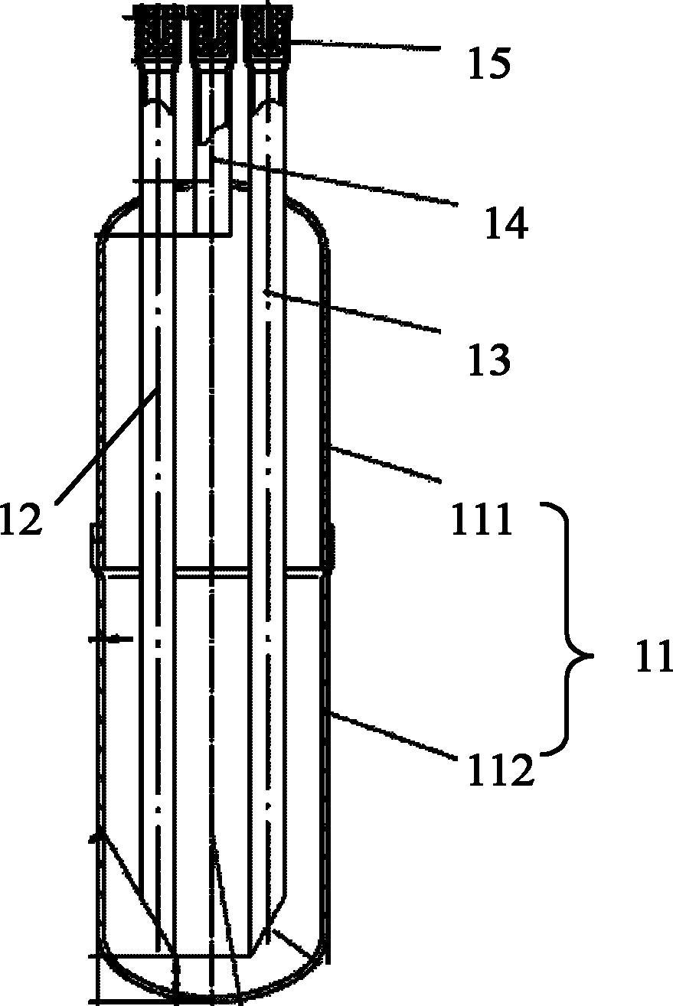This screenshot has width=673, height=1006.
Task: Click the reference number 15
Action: click(x=489, y=63)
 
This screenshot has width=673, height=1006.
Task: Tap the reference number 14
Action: click(x=506, y=223)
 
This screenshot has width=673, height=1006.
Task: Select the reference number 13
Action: click(x=489, y=360)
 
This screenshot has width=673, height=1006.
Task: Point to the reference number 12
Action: click(x=21, y=518)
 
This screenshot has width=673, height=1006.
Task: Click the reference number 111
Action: click(x=482, y=518)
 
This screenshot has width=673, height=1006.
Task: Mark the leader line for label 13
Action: click(x=354, y=311)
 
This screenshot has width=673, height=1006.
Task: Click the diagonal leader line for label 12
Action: click(x=106, y=444)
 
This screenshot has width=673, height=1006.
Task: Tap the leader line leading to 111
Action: click(x=385, y=464)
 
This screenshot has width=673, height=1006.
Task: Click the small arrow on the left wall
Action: click(x=110, y=638)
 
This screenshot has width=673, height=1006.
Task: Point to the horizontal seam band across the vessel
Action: click(x=211, y=574)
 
